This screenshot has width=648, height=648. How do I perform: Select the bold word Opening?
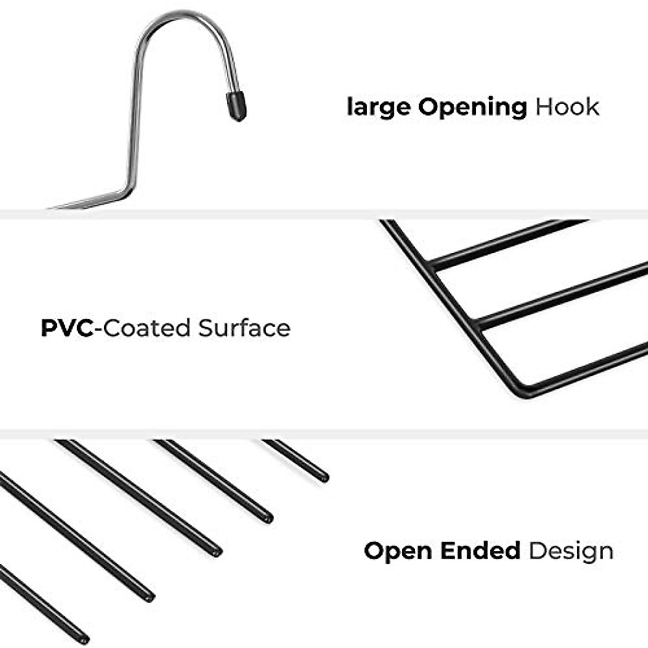pyautogui.click(x=473, y=107)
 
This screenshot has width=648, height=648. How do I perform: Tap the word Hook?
pyautogui.click(x=567, y=107)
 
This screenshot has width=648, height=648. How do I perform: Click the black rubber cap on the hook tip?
pyautogui.click(x=236, y=105)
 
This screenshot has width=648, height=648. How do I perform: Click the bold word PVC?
pyautogui.click(x=67, y=328)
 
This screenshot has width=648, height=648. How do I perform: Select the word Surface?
pyautogui.click(x=244, y=328)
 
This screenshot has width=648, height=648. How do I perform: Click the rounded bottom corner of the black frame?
pyautogui.click(x=522, y=394)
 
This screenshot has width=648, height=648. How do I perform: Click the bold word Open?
pyautogui.click(x=399, y=551)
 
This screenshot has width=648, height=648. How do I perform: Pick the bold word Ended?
pyautogui.click(x=480, y=551)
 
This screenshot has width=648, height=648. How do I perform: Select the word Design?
pyautogui.click(x=571, y=551)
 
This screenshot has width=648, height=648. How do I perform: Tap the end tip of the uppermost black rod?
pyautogui.click(x=324, y=478)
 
